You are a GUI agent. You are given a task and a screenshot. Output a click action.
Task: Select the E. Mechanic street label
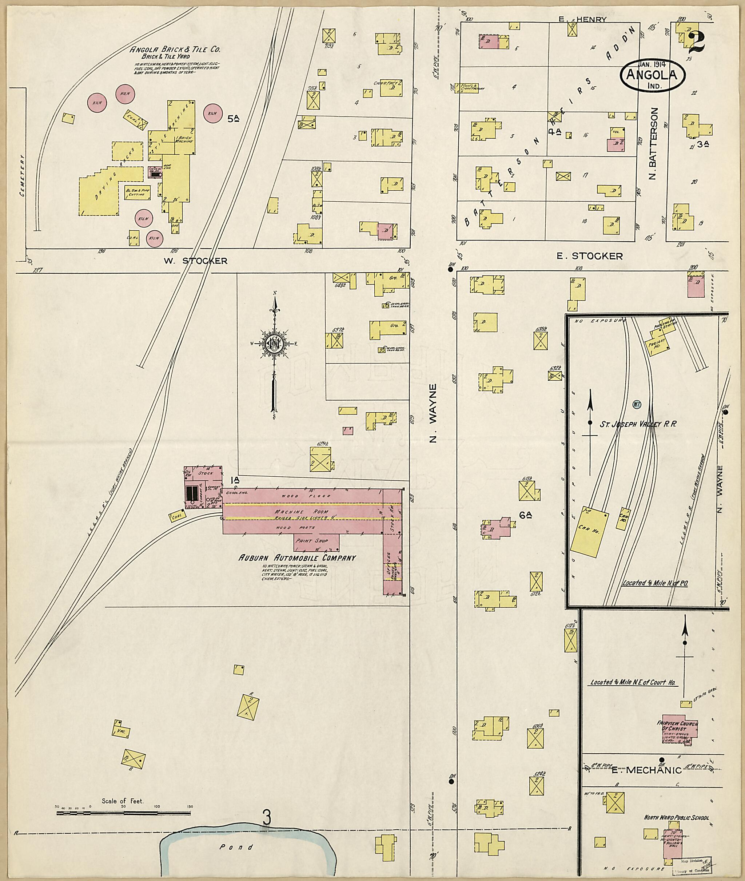pos(646,770)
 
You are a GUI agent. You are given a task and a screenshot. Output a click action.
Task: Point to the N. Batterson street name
pos(654,144)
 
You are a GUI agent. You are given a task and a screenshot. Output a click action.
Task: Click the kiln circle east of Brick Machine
pos(212,113)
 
